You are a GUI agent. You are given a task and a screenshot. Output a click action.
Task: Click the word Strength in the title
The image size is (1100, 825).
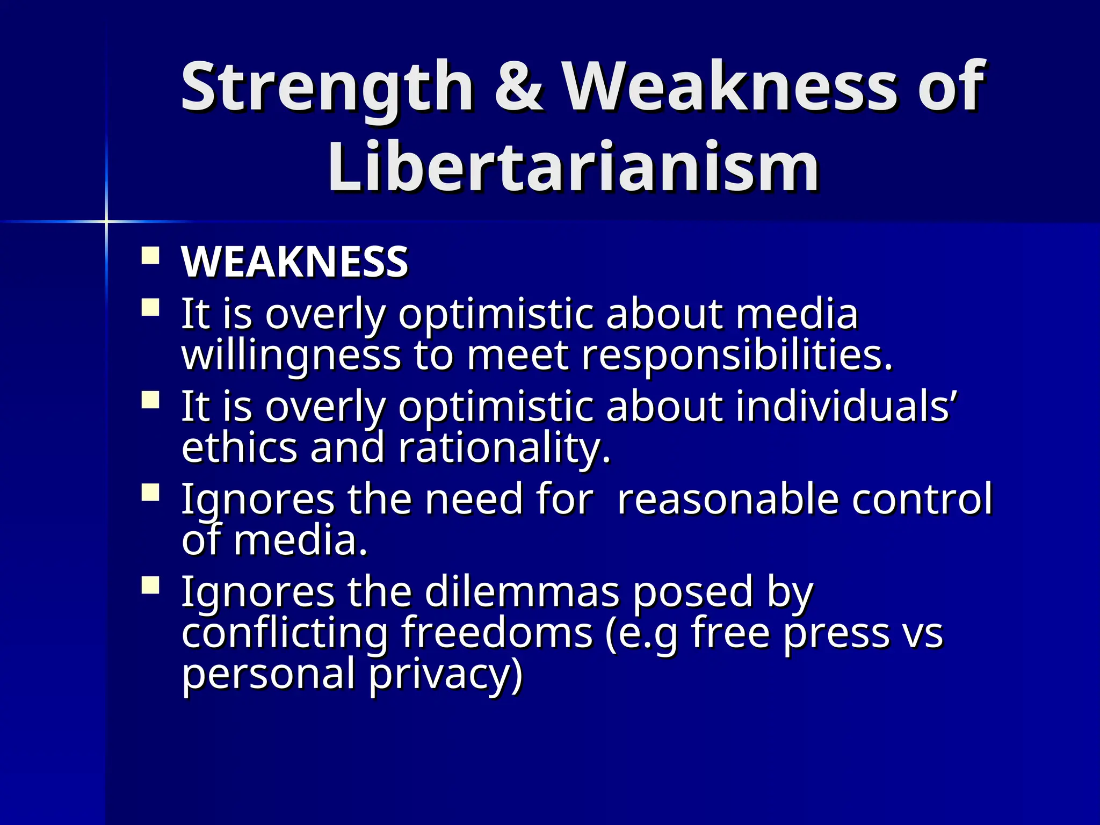point(327,88)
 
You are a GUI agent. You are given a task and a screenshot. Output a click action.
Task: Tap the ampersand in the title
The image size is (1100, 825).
point(518,88)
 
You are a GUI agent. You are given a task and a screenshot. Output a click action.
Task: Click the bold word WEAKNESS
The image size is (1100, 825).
point(295,262)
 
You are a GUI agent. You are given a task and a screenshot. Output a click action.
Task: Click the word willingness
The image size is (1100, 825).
point(291,356)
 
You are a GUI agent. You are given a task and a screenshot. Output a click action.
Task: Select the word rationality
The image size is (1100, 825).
point(504,448)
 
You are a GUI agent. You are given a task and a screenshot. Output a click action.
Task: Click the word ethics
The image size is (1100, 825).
point(240,448)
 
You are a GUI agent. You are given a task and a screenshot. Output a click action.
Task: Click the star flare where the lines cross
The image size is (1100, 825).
point(106,221)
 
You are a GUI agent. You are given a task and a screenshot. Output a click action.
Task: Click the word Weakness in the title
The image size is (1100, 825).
point(730,88)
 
